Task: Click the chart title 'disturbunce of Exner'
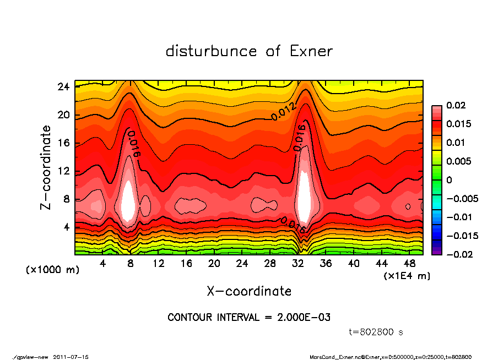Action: coord(249,51)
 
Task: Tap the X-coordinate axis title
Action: coord(249,291)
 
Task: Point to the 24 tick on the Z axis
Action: coord(63,87)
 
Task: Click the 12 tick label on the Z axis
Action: coord(63,171)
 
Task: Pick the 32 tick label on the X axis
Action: coord(298,264)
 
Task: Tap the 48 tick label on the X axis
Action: coord(409,264)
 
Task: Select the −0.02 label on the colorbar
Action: coord(458,254)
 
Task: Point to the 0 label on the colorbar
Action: coord(449,180)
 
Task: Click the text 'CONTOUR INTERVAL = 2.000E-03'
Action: coord(249,318)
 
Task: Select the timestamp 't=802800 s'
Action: coord(377,332)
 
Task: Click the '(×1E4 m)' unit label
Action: coord(407,275)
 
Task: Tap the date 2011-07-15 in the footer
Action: coord(71,357)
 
